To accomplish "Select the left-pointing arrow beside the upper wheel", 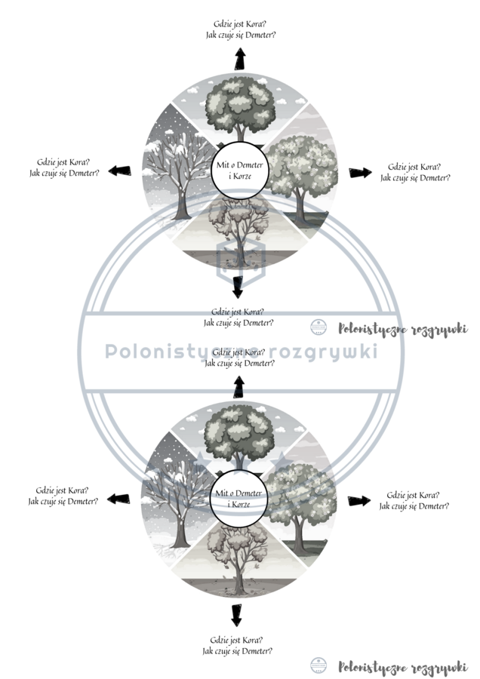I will click(115, 171).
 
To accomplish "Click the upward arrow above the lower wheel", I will click(239, 387).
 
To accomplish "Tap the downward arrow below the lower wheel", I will click(237, 615).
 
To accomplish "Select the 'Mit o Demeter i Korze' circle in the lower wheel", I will click(238, 498).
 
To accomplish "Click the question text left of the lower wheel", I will click(63, 495).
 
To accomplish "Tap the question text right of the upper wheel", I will click(415, 172).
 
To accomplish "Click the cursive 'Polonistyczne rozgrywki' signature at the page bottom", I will click(402, 666).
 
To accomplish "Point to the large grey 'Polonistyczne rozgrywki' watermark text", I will click(241, 352).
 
